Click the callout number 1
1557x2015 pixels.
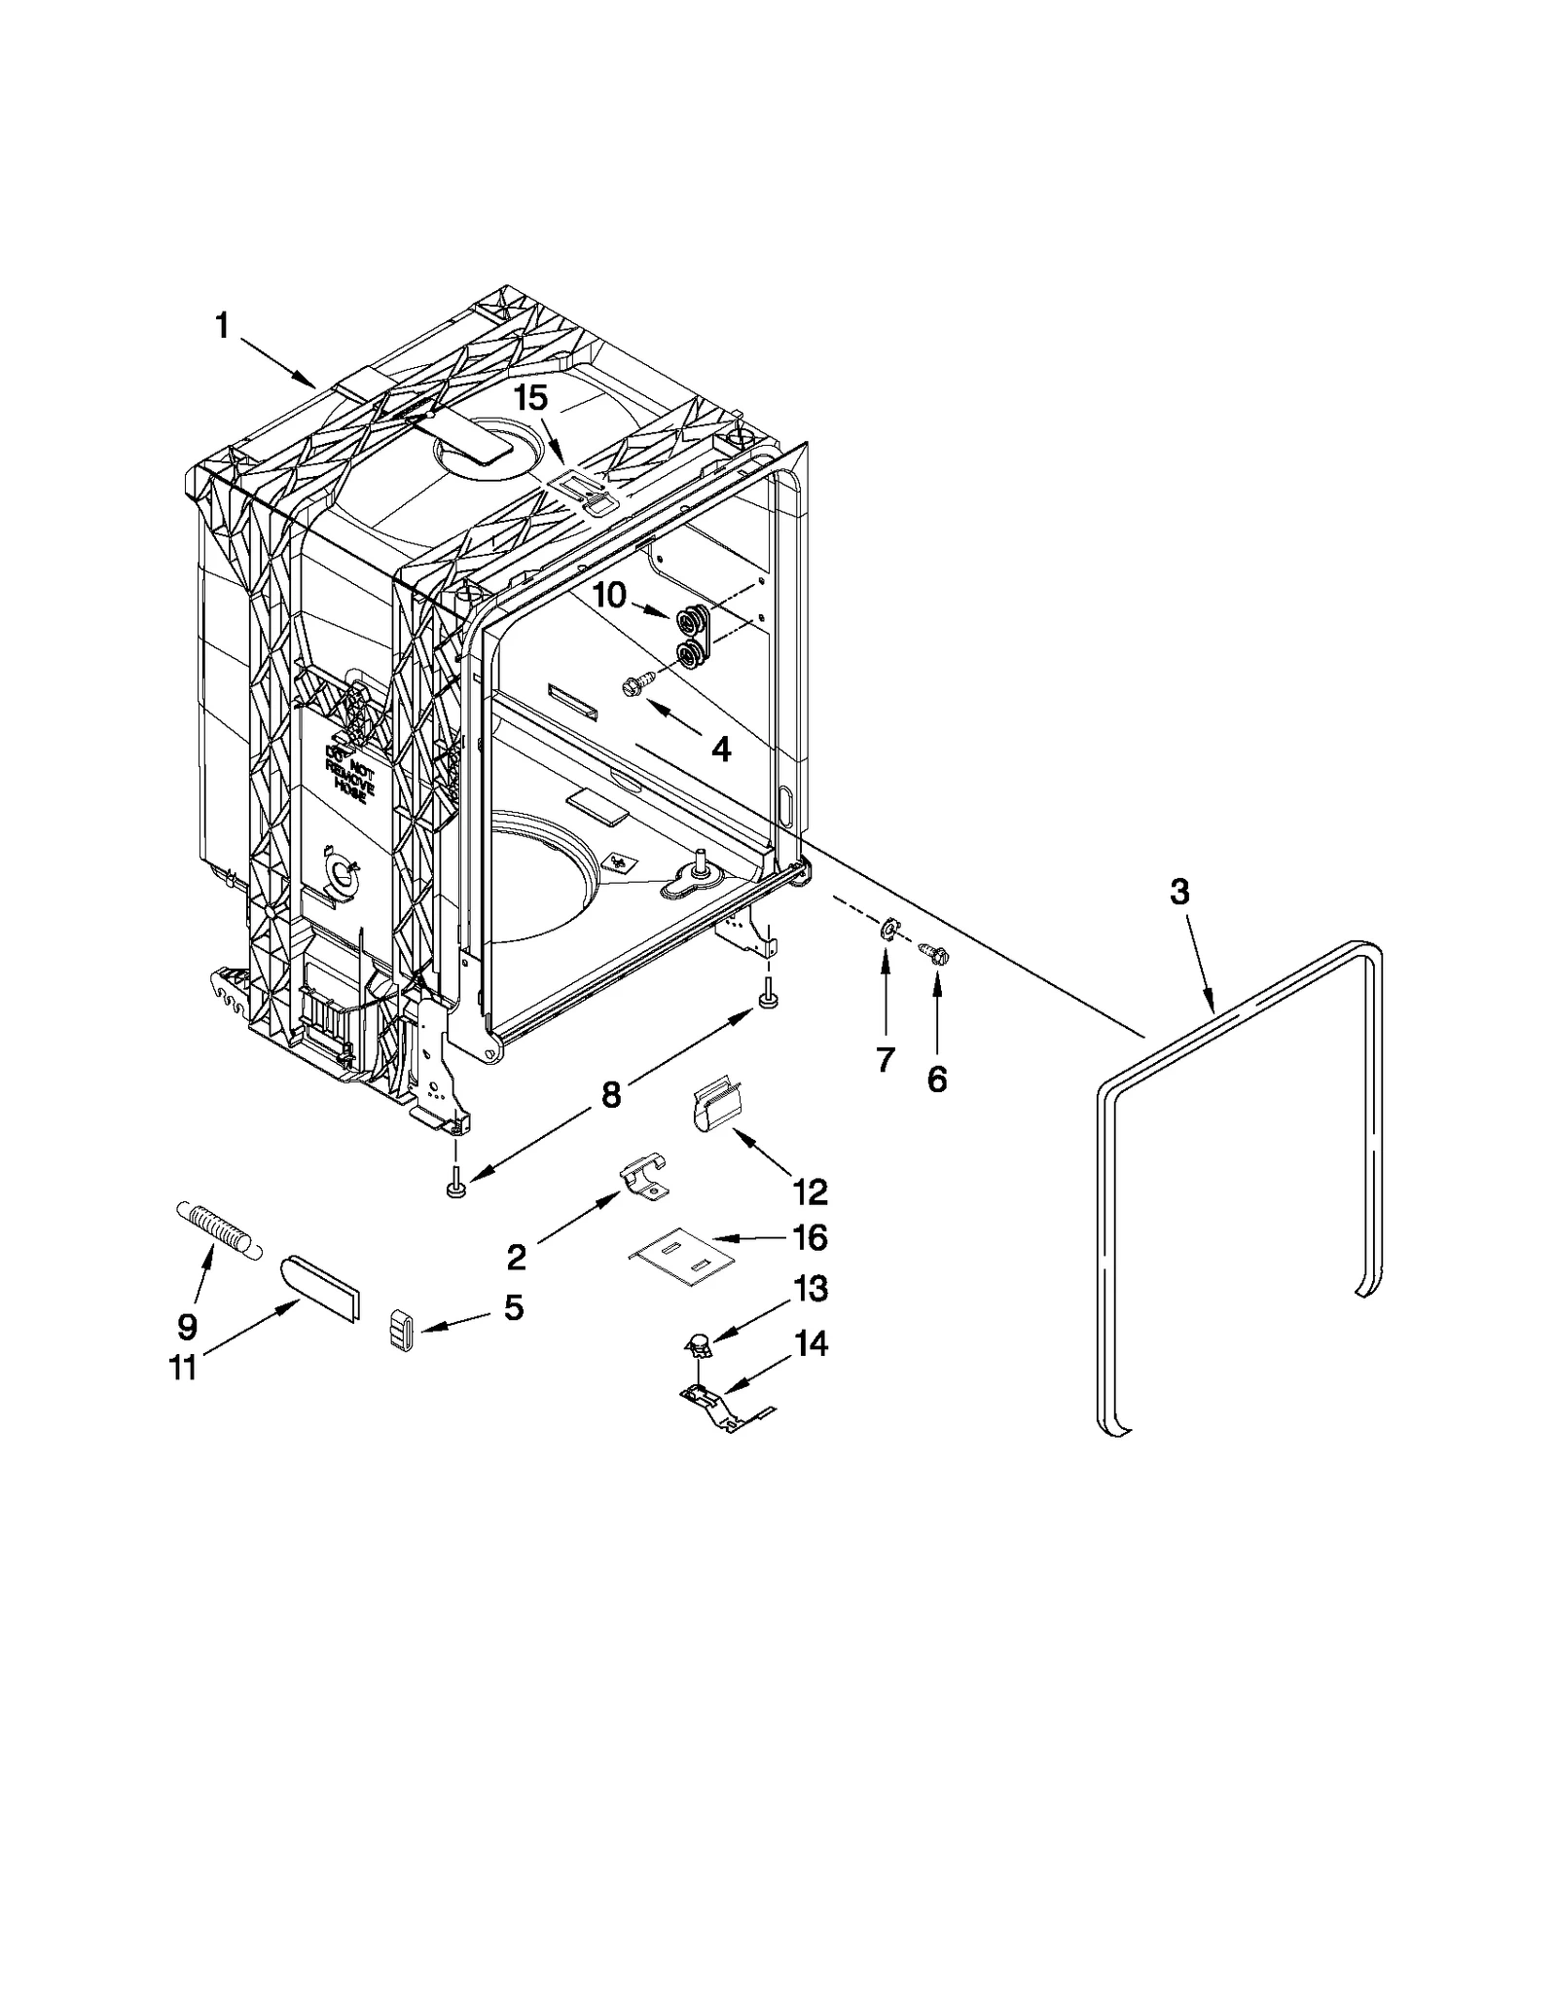(222, 325)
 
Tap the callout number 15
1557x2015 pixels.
(531, 397)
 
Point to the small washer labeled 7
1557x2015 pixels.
(887, 931)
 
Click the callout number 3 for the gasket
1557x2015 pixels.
(1179, 892)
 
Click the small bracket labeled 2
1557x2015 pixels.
(644, 1176)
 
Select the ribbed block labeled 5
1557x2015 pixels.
(402, 1329)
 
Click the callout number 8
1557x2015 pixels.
(610, 1095)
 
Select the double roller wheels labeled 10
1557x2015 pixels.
(692, 636)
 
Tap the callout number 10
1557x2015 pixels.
(609, 595)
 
